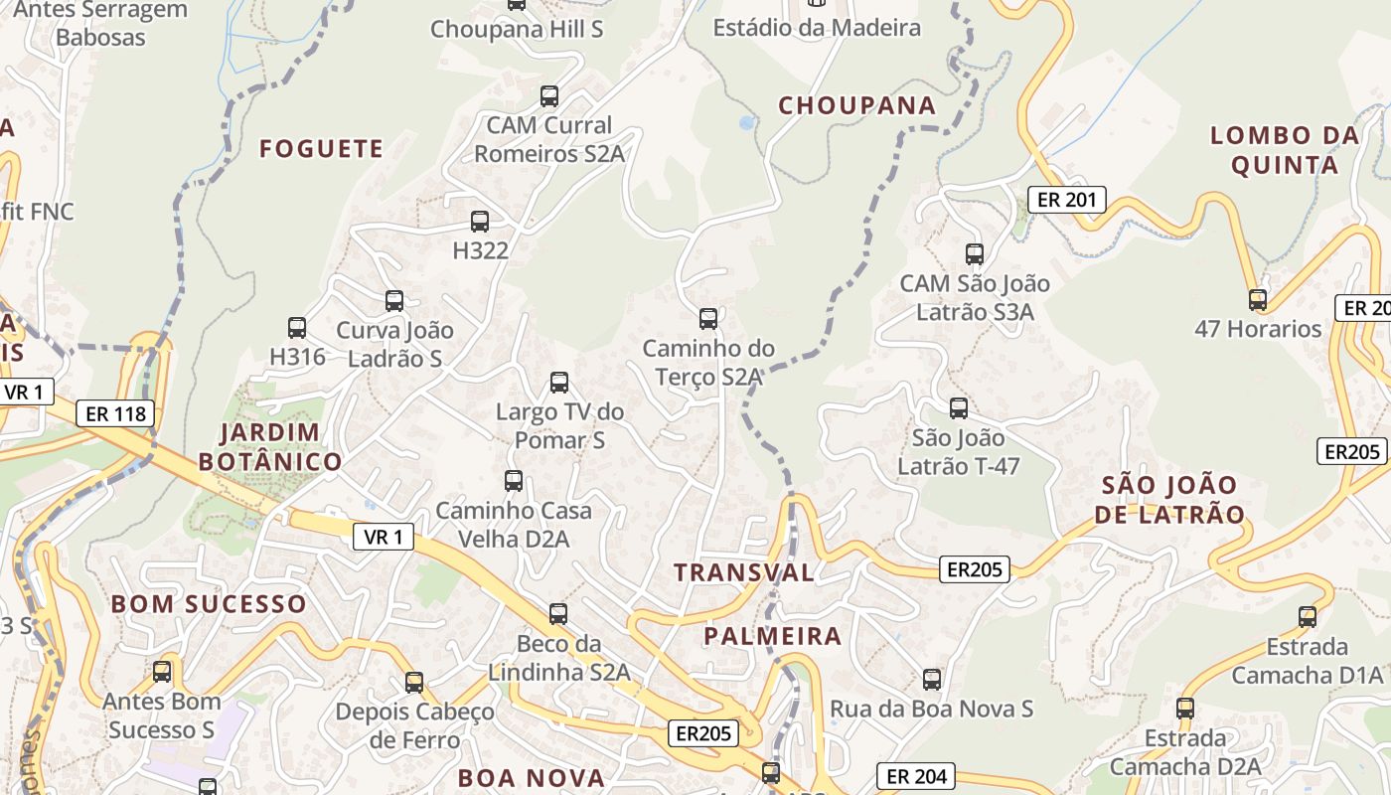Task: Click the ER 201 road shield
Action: tap(1066, 200)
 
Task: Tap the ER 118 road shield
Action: tap(116, 413)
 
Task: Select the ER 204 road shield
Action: tap(915, 776)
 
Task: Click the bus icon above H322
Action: tap(480, 222)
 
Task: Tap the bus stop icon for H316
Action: tap(297, 328)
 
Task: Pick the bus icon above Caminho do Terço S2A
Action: tap(708, 319)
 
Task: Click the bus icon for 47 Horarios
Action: tap(1258, 299)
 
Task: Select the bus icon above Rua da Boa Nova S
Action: tap(932, 680)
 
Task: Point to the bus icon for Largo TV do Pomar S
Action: tap(559, 383)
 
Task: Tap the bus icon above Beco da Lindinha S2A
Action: tap(558, 614)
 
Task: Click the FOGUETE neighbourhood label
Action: tap(321, 149)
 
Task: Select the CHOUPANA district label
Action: tap(856, 105)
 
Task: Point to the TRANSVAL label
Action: tap(743, 572)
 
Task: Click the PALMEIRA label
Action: tap(772, 636)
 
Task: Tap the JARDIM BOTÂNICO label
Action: tap(270, 447)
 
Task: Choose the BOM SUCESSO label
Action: tap(209, 604)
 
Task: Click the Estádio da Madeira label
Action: tap(817, 28)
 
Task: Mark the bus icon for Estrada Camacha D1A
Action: tap(1308, 617)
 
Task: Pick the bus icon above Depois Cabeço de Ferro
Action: tap(414, 683)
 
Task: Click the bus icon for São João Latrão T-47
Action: tap(959, 408)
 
